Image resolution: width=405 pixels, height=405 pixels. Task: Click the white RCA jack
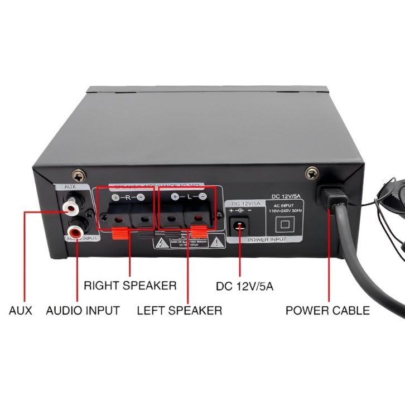pyautogui.click(x=70, y=209)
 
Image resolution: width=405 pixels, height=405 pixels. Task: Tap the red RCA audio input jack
pyautogui.click(x=73, y=229)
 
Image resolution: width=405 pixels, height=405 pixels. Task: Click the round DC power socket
pyautogui.click(x=240, y=225)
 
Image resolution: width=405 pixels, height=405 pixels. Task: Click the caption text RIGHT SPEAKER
pyautogui.click(x=130, y=286)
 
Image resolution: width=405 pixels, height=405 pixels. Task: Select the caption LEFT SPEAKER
pyautogui.click(x=179, y=310)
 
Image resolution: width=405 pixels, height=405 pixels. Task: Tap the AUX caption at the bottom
pyautogui.click(x=21, y=310)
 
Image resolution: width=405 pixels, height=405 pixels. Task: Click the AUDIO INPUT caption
pyautogui.click(x=83, y=310)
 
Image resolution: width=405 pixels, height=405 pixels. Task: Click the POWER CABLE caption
pyautogui.click(x=327, y=310)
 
